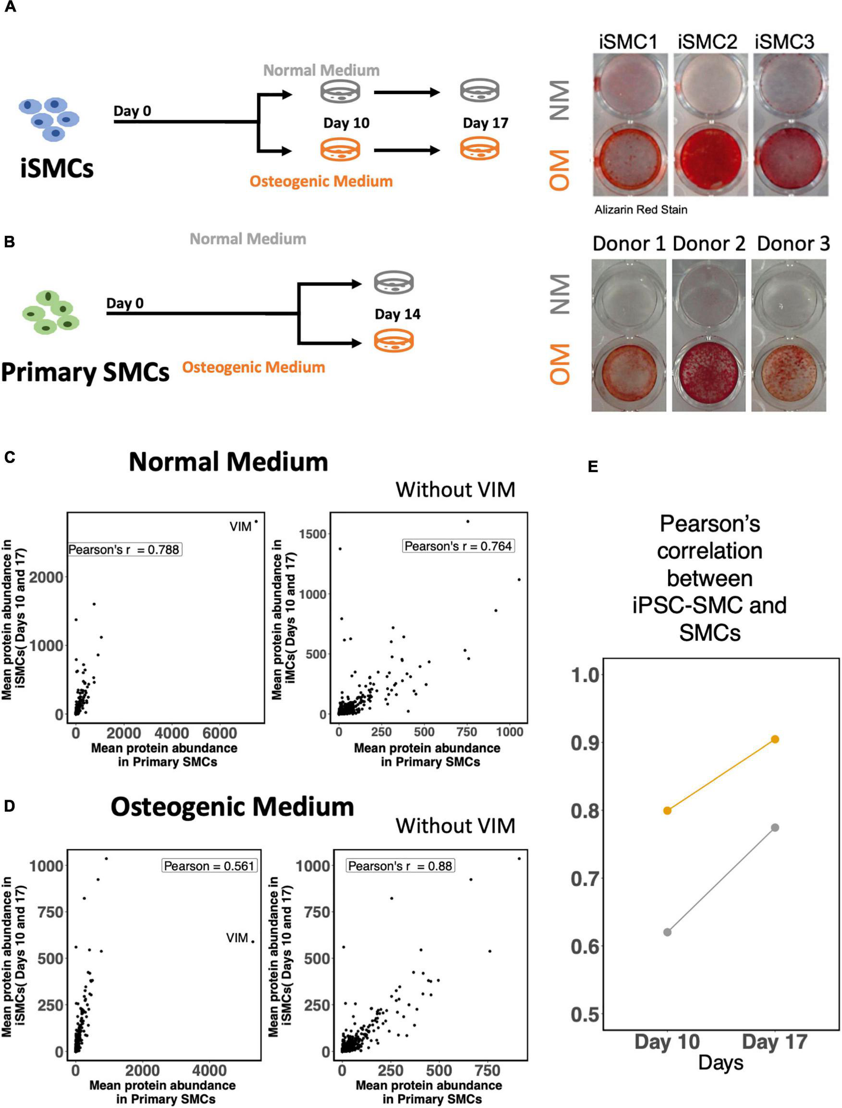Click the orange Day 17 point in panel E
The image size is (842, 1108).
click(774, 739)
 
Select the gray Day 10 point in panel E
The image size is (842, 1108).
click(667, 932)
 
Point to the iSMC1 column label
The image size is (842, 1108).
click(628, 42)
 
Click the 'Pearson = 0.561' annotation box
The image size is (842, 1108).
click(209, 866)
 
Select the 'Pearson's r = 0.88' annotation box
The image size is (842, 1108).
click(400, 866)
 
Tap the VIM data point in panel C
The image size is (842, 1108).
click(256, 522)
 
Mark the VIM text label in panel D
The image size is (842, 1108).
click(237, 938)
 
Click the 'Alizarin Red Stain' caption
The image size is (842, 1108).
click(641, 209)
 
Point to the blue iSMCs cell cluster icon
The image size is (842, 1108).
click(49, 119)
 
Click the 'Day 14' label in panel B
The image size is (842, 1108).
click(397, 314)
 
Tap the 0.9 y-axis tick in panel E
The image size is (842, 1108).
click(585, 742)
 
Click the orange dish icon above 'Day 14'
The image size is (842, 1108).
click(394, 342)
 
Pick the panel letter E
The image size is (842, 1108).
click(593, 466)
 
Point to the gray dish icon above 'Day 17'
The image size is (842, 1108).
click(480, 91)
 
